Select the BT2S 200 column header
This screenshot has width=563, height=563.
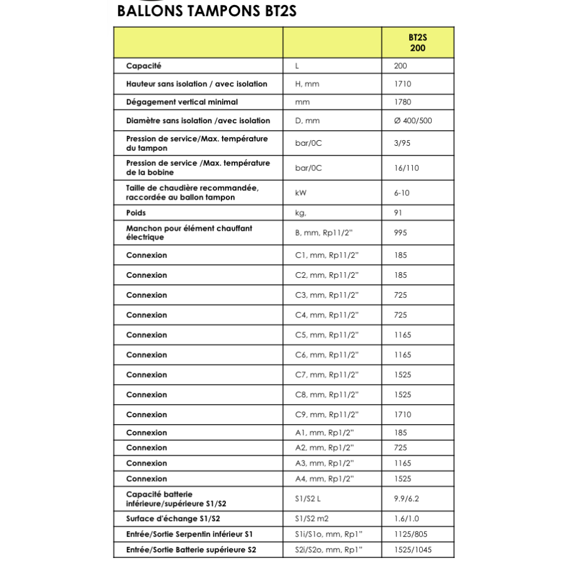tap(417, 43)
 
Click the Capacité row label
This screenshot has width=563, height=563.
tap(144, 66)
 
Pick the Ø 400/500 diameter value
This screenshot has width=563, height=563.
tap(413, 121)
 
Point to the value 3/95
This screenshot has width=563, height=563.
tap(402, 143)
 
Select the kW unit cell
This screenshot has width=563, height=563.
tap(301, 193)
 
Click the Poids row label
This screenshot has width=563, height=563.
tap(136, 213)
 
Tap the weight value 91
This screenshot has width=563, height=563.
tap(398, 213)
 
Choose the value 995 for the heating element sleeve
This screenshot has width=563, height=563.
tap(400, 233)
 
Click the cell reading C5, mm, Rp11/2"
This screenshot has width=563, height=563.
tap(327, 335)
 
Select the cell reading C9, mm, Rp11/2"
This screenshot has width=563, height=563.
tap(327, 414)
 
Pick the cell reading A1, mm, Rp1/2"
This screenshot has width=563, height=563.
tap(324, 432)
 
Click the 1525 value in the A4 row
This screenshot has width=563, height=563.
tap(402, 479)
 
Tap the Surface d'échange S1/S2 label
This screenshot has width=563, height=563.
tap(173, 519)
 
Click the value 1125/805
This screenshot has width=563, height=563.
tap(410, 534)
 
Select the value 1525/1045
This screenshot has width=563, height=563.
tap(412, 550)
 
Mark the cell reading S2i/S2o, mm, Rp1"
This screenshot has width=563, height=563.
tap(328, 550)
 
